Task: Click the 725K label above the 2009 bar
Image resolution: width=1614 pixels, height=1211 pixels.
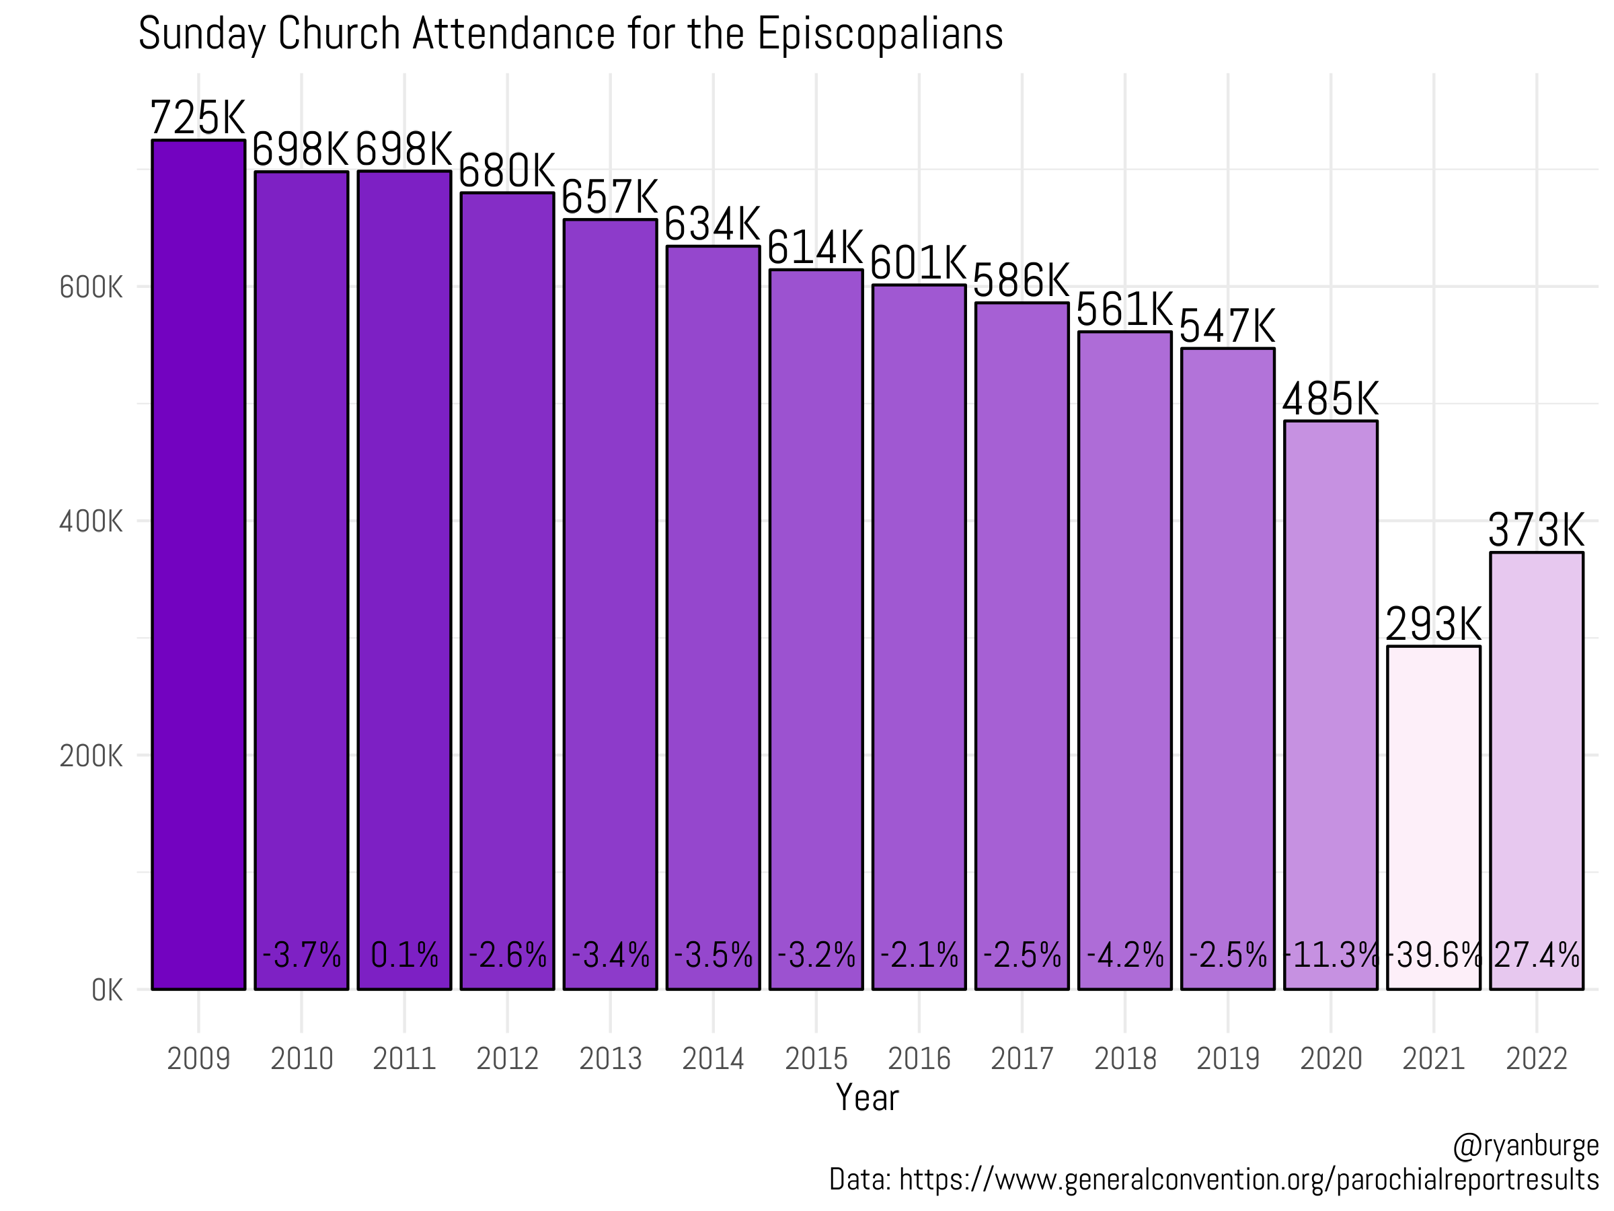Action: (x=198, y=118)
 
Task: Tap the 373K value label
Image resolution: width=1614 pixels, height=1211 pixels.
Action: (x=1536, y=530)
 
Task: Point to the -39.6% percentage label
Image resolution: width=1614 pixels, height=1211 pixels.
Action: (x=1433, y=955)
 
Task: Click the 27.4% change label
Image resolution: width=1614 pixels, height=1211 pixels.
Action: (x=1536, y=955)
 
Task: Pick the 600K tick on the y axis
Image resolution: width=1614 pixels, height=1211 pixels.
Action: (x=91, y=287)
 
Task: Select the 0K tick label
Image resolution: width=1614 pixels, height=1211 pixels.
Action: (x=106, y=990)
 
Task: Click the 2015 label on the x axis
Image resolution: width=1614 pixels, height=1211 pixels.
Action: (x=816, y=1059)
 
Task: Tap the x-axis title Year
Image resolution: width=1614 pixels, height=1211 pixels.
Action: (x=867, y=1097)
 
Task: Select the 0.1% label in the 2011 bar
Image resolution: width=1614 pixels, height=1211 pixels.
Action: (x=404, y=955)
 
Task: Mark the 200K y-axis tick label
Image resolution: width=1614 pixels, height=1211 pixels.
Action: (x=91, y=756)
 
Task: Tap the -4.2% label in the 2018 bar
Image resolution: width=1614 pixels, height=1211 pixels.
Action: (x=1124, y=955)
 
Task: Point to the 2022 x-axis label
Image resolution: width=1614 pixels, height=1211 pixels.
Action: (x=1536, y=1059)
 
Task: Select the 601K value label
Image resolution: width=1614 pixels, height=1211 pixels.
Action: (x=919, y=264)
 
